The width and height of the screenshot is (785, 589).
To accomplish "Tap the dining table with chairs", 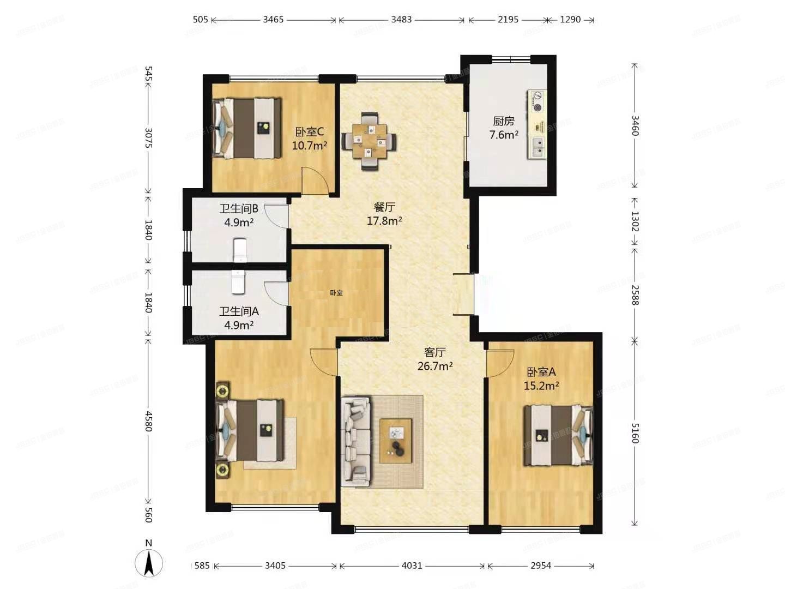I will point(369,141).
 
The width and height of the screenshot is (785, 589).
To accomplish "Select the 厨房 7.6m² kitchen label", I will point(503,128).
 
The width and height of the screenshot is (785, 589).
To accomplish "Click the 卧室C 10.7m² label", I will point(309,139).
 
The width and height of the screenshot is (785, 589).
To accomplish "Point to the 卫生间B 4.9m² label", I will point(239,215).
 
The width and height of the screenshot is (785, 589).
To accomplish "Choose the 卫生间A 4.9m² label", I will point(239,318).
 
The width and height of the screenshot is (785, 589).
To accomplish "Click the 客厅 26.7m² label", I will point(434,359).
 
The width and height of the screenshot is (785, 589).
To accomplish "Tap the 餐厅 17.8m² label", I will point(384,214).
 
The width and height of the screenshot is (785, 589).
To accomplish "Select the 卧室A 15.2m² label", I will point(541,378).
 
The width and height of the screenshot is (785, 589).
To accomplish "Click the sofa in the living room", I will point(355,441).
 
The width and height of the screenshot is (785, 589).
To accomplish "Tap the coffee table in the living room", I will point(396,441).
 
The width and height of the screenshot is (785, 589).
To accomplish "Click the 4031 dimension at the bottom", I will point(412,566).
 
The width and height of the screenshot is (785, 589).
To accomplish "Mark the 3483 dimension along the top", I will point(401,20).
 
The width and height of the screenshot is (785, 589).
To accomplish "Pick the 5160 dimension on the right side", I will point(635,432).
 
